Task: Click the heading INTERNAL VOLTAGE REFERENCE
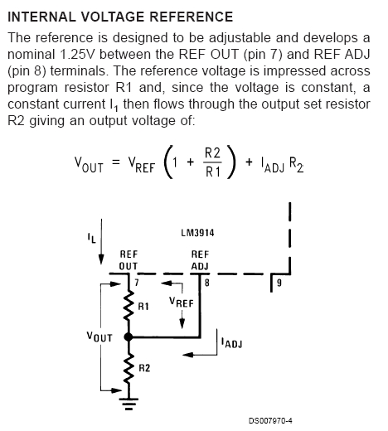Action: pyautogui.click(x=120, y=17)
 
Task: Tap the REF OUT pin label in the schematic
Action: pyautogui.click(x=129, y=260)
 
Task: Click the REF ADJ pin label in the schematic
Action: pyautogui.click(x=200, y=260)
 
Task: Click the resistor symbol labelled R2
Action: pyautogui.click(x=129, y=366)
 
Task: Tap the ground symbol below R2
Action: pyautogui.click(x=129, y=404)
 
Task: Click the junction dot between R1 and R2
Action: pyautogui.click(x=129, y=337)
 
